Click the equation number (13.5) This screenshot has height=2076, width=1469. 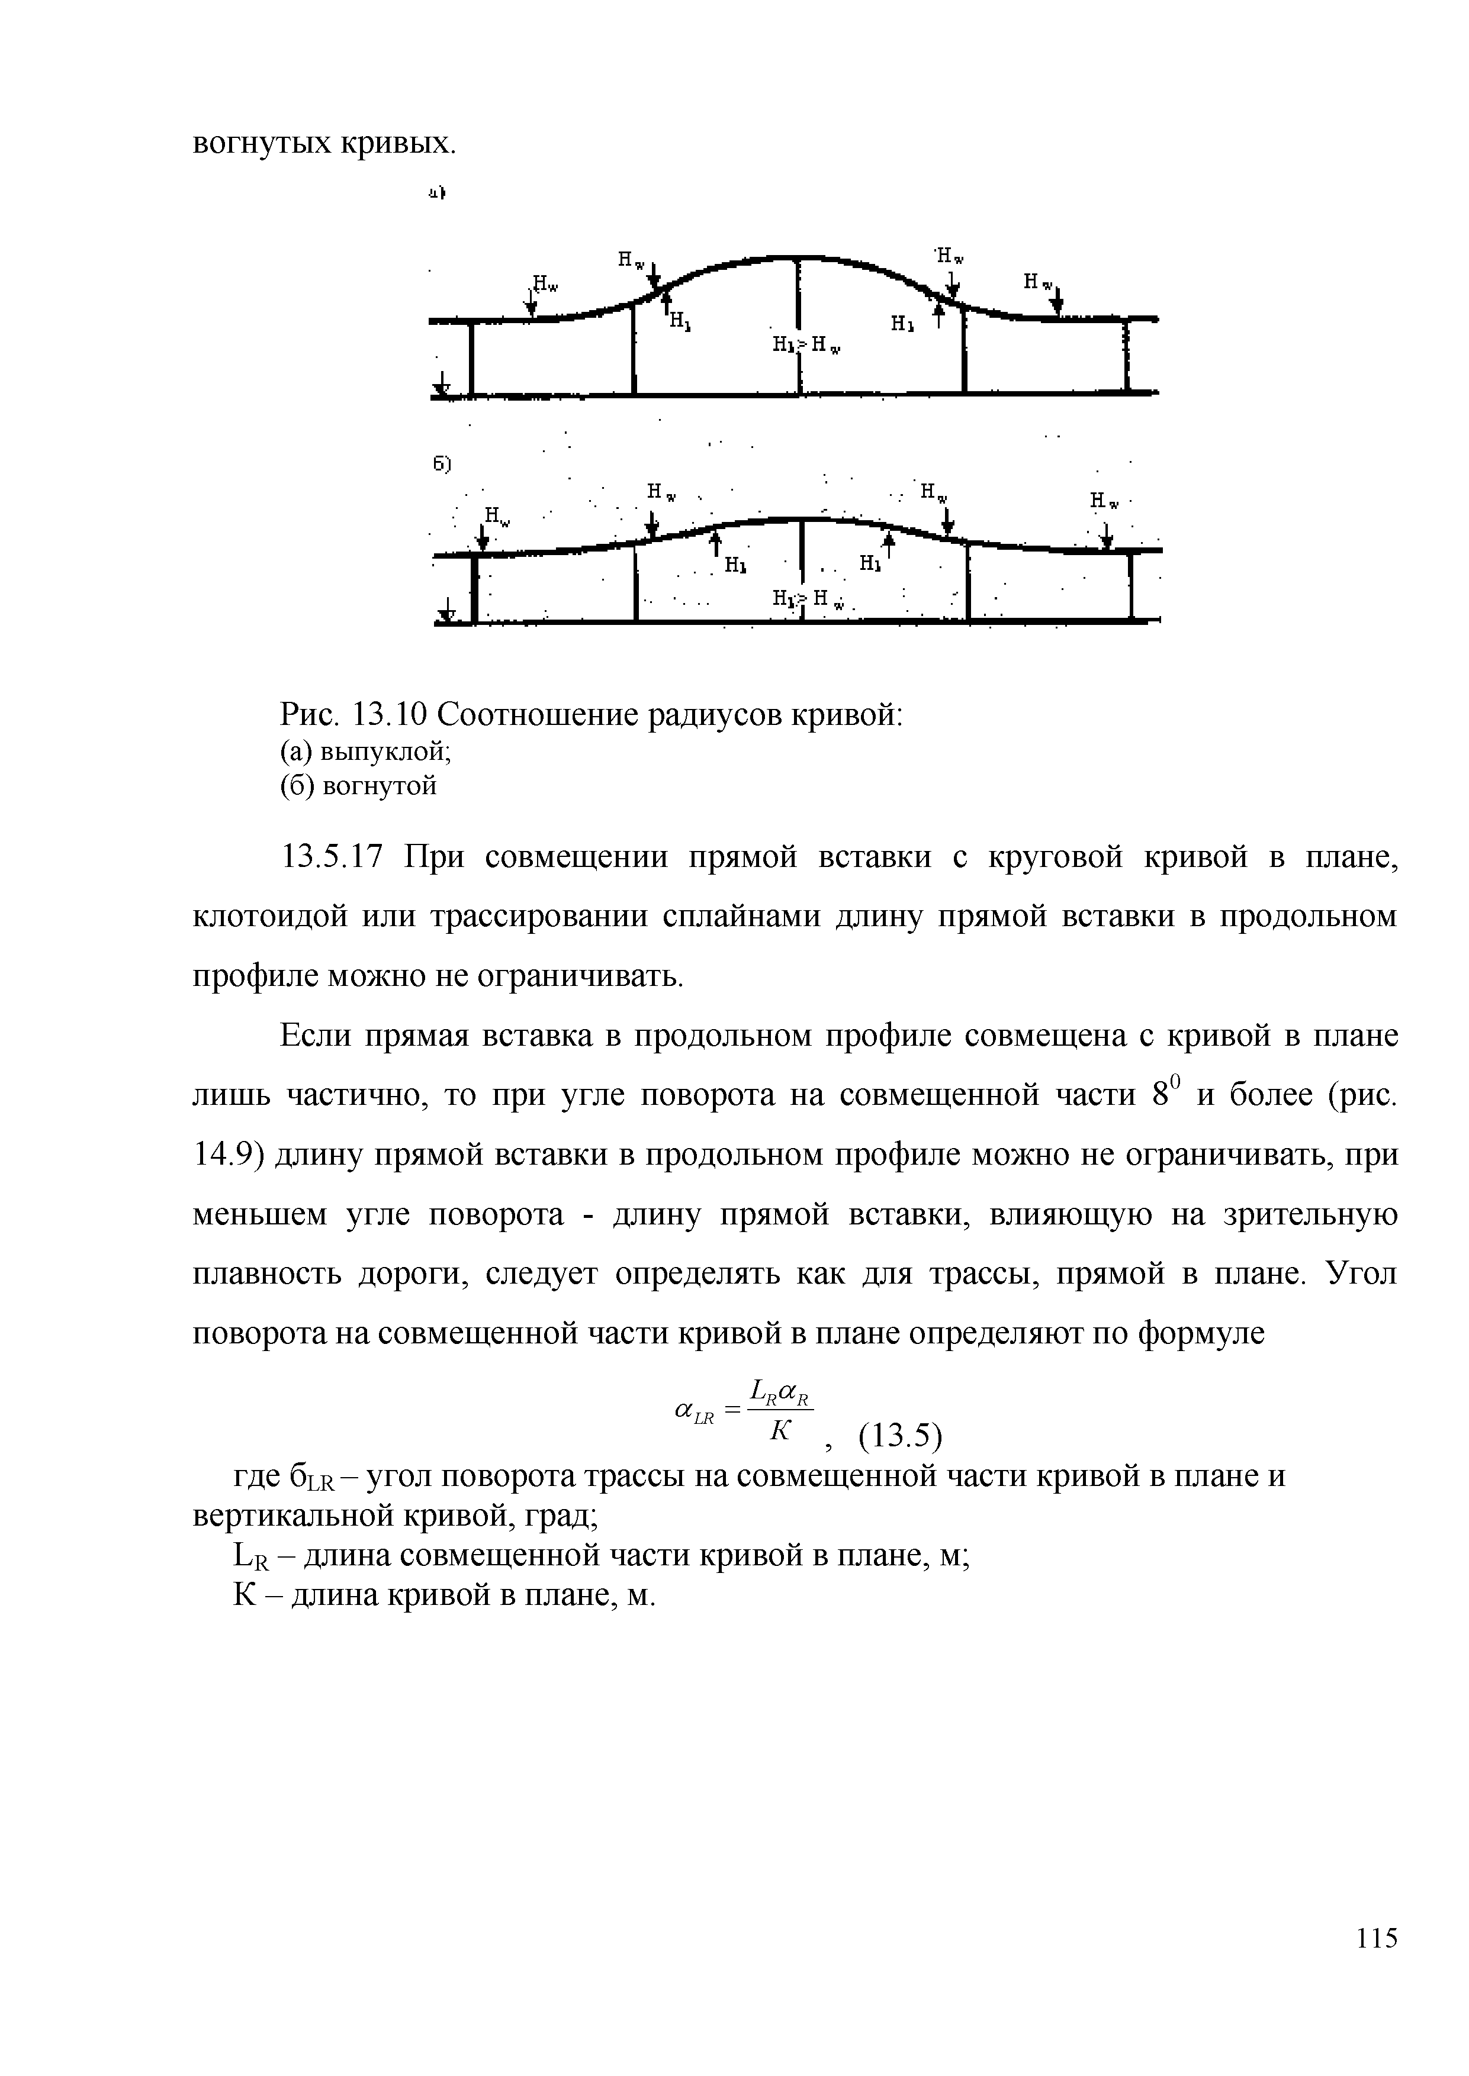899,1437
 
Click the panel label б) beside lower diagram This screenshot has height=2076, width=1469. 441,464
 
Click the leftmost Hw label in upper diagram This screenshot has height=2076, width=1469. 545,284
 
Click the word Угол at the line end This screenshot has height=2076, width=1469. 1361,1275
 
